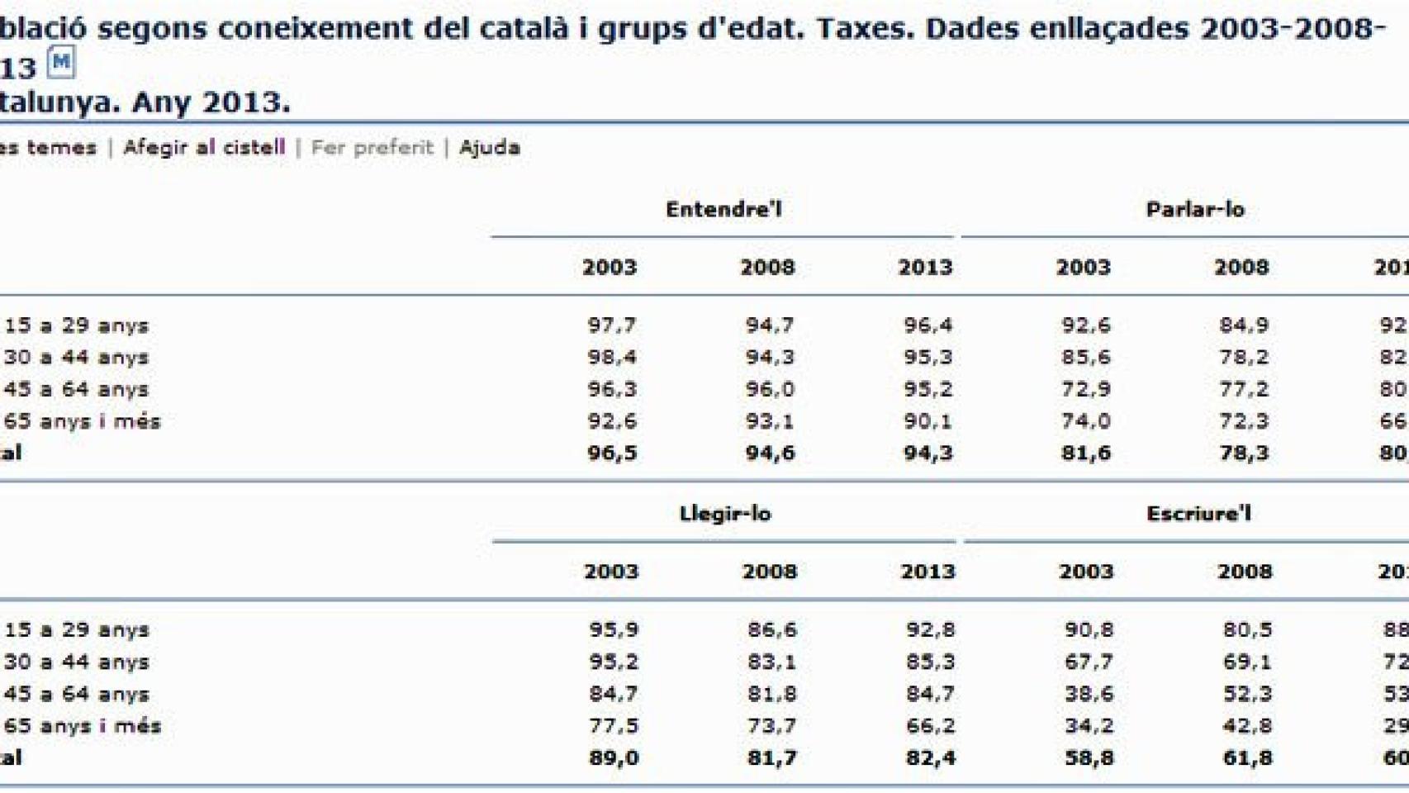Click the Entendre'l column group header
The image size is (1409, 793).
[723, 209]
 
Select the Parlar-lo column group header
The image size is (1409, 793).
[1194, 209]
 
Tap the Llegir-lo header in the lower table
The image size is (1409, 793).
[724, 514]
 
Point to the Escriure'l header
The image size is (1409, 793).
[1198, 514]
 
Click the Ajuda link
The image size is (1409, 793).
[489, 148]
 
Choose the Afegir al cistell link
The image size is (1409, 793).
[204, 148]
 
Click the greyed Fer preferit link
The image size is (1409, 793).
[372, 148]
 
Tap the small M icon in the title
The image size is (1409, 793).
[61, 62]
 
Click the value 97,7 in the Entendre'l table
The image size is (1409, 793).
[611, 325]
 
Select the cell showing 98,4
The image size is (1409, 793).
[611, 358]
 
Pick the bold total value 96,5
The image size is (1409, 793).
[611, 453]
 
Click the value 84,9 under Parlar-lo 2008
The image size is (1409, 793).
[1244, 325]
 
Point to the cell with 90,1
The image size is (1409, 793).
[927, 421]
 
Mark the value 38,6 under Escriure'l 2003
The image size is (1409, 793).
[1088, 695]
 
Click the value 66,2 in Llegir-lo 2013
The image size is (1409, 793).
[930, 726]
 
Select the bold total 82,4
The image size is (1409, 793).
[930, 758]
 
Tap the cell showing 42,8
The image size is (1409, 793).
[1246, 726]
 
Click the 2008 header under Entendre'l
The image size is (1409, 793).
[767, 268]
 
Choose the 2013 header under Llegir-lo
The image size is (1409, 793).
[927, 572]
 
